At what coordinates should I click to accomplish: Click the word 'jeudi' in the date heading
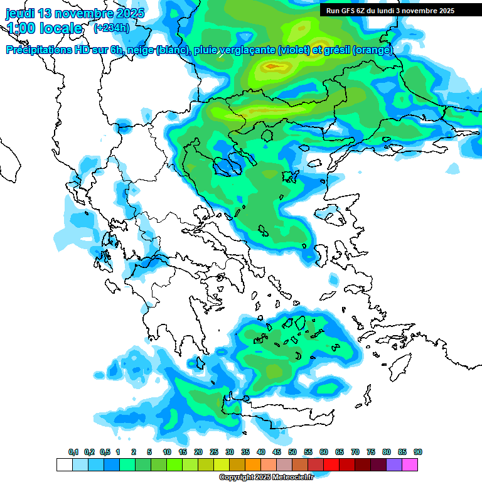[20, 13]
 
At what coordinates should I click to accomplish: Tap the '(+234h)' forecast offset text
[111, 28]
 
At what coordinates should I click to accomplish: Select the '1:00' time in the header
[19, 28]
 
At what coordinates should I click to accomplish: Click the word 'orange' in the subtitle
[375, 50]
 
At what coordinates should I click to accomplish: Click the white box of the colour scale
[64, 464]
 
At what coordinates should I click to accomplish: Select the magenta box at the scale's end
[410, 464]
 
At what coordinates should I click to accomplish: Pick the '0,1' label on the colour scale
[73, 452]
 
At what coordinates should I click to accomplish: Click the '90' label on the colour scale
[418, 452]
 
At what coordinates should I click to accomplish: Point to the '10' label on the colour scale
[167, 452]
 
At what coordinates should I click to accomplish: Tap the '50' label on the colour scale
[292, 452]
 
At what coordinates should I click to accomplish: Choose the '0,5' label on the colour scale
[104, 452]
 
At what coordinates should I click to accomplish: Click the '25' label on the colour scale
[214, 452]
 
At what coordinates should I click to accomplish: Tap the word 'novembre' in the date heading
[85, 13]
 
